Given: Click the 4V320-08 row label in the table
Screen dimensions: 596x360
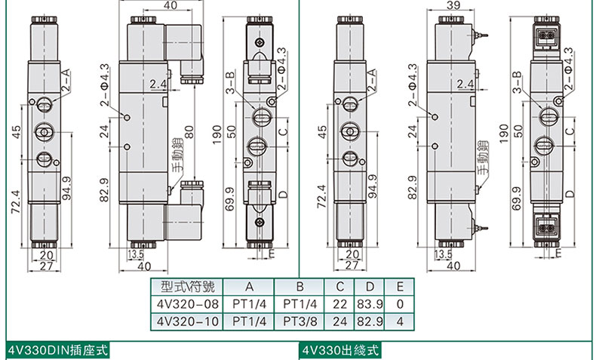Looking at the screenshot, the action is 188,304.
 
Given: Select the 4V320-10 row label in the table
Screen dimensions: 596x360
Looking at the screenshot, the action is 188,322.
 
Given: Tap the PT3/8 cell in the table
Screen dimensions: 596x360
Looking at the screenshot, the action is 300,322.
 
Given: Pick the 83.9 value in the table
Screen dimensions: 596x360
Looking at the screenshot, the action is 370,304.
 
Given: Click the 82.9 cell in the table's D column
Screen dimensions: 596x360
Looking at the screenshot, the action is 370,322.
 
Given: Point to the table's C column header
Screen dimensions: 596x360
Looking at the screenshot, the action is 339,287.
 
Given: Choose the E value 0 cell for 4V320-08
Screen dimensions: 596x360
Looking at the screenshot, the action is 400,304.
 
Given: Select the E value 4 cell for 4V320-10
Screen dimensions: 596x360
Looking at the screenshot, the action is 400,322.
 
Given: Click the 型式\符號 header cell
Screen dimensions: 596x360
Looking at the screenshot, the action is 188,287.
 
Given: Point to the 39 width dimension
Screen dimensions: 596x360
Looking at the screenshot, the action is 453,5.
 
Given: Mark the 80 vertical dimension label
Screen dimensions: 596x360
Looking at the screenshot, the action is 189,131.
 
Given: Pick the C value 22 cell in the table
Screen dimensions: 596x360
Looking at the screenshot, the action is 339,304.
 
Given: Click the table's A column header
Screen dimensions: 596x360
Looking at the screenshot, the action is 249,287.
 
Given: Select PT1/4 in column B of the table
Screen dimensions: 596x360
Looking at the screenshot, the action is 300,304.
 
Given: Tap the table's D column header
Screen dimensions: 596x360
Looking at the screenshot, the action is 370,287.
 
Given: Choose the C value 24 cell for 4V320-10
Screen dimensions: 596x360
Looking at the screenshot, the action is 339,322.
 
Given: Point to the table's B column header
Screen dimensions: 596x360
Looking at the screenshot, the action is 300,287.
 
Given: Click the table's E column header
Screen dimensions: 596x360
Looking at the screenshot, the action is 400,287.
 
